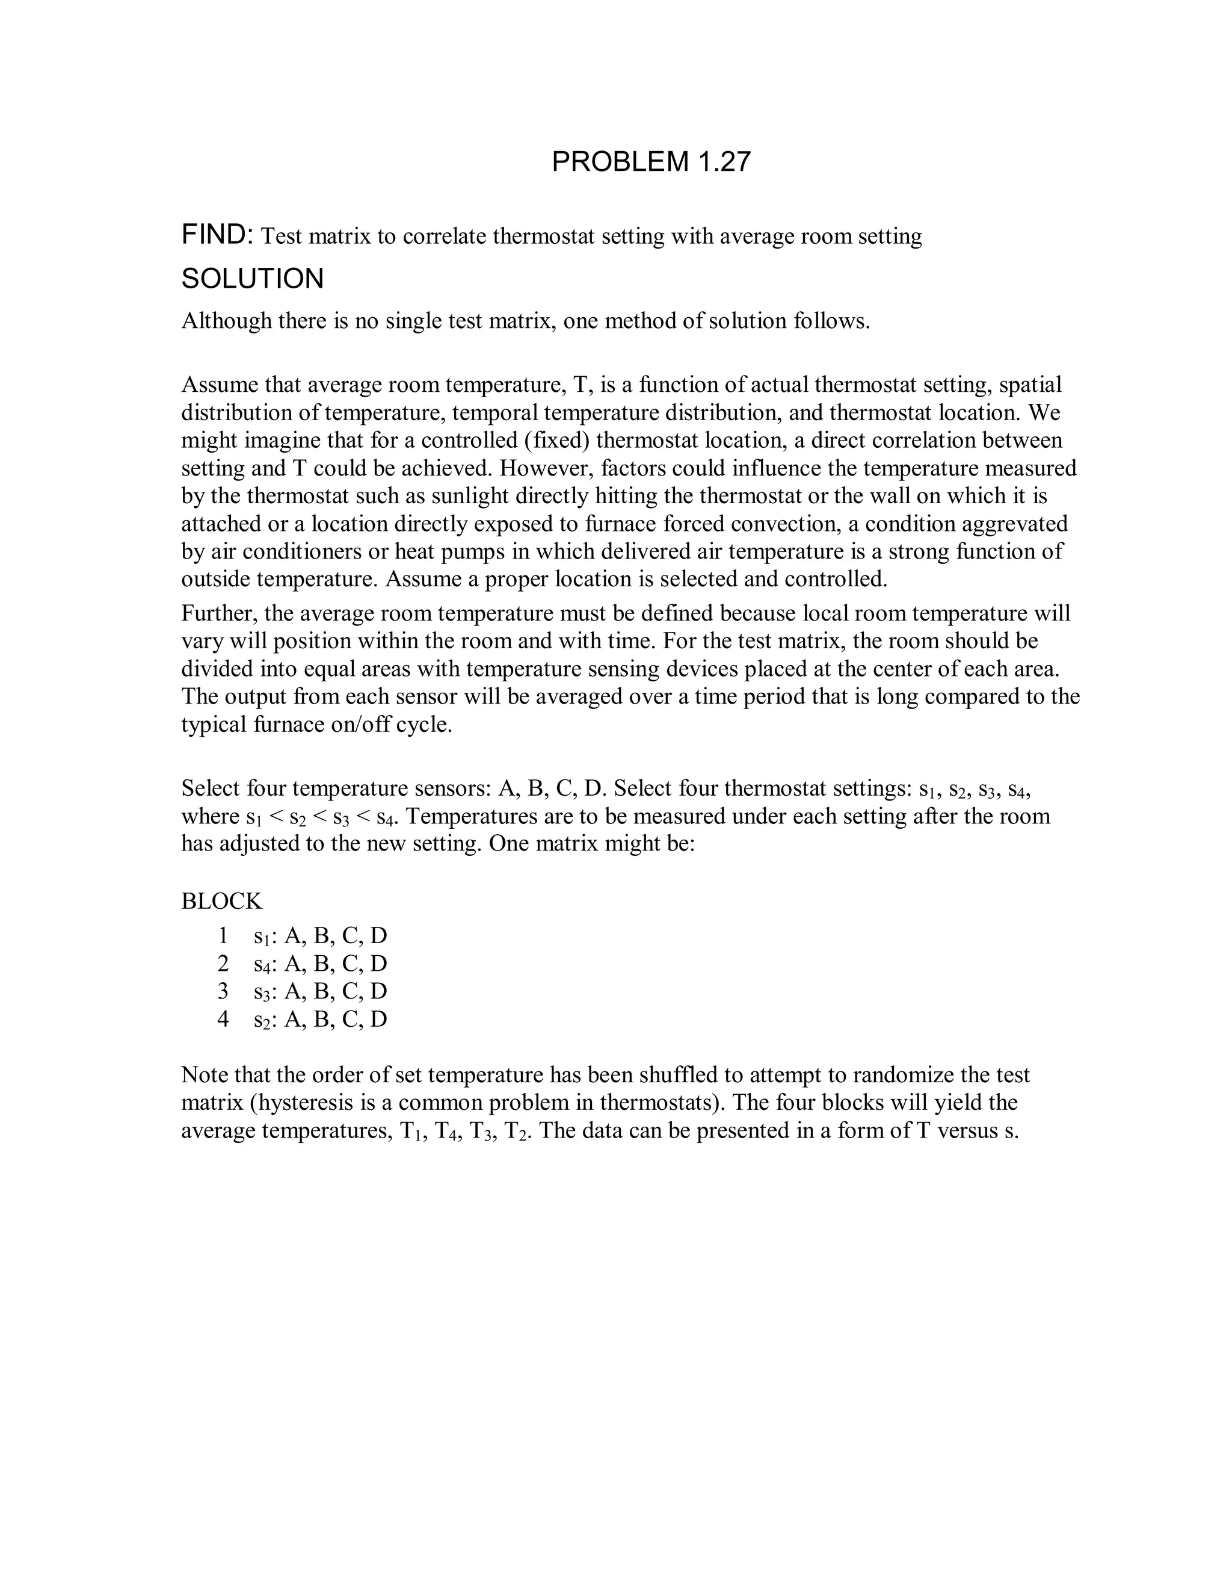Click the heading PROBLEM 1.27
tap(651, 161)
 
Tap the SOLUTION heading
tap(253, 279)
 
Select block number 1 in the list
tap(223, 935)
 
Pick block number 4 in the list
tap(223, 1019)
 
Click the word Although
tap(226, 321)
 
